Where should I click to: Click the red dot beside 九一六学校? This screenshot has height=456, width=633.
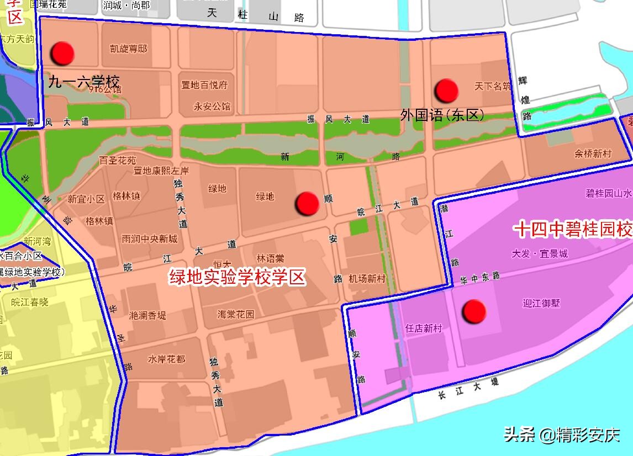(x=62, y=53)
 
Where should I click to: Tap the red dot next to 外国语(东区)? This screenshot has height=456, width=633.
(x=446, y=91)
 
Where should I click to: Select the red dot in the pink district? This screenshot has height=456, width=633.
(x=474, y=312)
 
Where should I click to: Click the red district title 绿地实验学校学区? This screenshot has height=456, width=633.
(x=238, y=277)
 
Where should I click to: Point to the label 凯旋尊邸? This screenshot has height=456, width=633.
(x=129, y=49)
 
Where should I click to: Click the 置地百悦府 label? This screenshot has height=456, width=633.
(x=204, y=85)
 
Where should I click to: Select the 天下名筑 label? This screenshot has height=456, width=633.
(x=493, y=86)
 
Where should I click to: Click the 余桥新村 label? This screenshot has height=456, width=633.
(x=593, y=154)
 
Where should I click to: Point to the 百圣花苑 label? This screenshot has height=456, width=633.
(x=118, y=161)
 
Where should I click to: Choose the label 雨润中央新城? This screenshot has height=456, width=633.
(x=150, y=239)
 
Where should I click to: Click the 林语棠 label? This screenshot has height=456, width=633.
(x=271, y=258)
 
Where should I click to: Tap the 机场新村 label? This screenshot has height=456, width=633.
(x=367, y=279)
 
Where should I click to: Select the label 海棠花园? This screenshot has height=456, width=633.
(x=236, y=314)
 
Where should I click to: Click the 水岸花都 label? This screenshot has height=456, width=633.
(x=166, y=359)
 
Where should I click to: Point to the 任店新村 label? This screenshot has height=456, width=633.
(x=424, y=328)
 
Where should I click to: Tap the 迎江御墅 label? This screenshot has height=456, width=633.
(x=541, y=303)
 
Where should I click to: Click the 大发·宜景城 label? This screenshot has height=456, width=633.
(x=540, y=254)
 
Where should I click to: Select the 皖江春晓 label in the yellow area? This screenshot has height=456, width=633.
(x=30, y=302)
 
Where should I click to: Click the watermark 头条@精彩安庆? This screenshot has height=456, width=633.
(x=561, y=435)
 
